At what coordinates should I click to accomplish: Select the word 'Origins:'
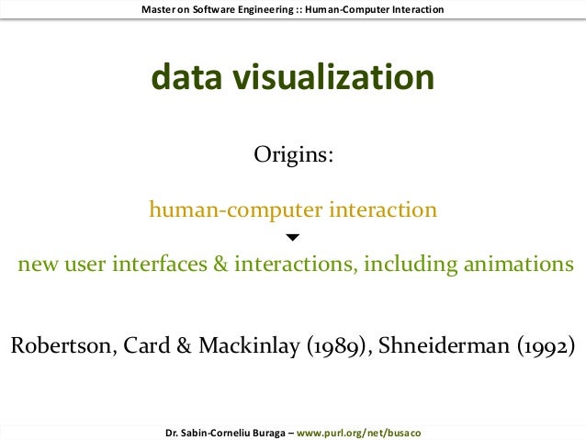tap(293, 154)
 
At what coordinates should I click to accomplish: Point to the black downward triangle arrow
tap(293, 238)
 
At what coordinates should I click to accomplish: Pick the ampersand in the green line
tap(220, 265)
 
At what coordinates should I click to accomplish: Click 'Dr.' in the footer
tap(170, 432)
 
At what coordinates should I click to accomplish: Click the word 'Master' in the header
tap(160, 9)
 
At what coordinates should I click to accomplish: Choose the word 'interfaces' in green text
tap(160, 265)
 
